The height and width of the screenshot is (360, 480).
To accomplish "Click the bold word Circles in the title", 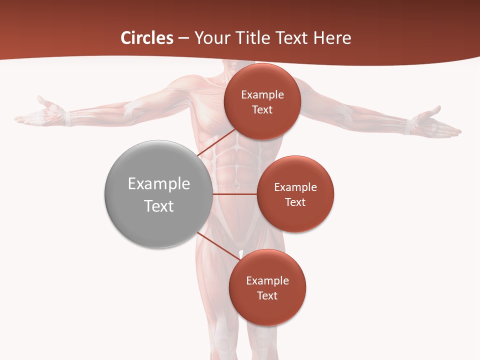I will click(x=146, y=38).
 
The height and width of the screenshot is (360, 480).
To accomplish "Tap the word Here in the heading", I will click(x=332, y=38).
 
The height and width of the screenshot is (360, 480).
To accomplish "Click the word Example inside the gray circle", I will click(x=159, y=184).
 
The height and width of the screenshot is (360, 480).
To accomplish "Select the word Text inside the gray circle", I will click(x=159, y=206).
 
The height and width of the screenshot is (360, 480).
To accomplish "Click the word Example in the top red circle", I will click(x=262, y=95).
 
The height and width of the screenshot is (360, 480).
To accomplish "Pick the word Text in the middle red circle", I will click(x=295, y=202).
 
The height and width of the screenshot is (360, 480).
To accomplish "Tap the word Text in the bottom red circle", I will click(x=267, y=296).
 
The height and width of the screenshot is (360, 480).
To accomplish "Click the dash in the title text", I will click(x=183, y=38).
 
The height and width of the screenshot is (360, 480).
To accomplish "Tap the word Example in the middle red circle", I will click(x=295, y=187).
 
